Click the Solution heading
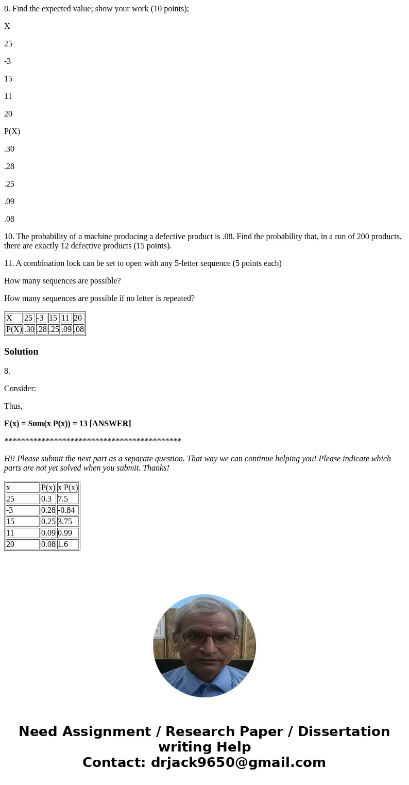(21, 352)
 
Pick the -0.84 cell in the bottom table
(67, 510)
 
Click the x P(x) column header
(67, 488)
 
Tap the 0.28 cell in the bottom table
(48, 510)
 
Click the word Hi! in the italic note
(10, 459)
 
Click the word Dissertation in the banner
(344, 731)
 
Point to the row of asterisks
(93, 441)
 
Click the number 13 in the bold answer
(83, 424)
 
